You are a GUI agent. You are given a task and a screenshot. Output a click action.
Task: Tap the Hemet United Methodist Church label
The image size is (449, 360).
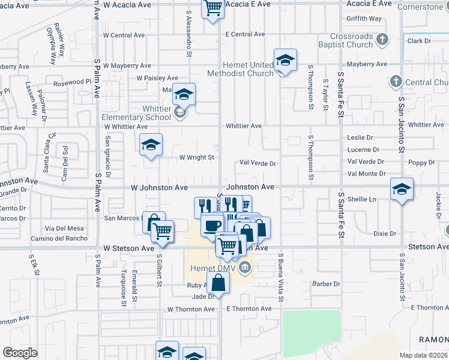click(240, 69)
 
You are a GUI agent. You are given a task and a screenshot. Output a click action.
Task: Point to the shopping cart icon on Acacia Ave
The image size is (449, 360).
click(212, 8)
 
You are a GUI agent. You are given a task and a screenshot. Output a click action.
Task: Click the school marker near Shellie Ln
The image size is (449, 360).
click(402, 189)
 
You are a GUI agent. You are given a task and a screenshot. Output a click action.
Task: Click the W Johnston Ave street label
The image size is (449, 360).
click(160, 188)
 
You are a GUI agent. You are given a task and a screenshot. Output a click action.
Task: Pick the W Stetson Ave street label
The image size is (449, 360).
click(128, 248)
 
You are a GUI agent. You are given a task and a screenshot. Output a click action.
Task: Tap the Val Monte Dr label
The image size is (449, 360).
click(366, 173)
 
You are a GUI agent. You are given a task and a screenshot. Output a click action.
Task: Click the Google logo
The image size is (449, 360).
click(20, 353)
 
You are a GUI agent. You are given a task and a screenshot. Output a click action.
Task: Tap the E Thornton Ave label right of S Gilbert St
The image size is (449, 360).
click(249, 308)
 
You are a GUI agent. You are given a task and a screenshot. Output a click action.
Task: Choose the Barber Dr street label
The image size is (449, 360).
click(326, 284)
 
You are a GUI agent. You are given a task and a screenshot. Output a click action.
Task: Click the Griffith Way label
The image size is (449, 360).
click(364, 19)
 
